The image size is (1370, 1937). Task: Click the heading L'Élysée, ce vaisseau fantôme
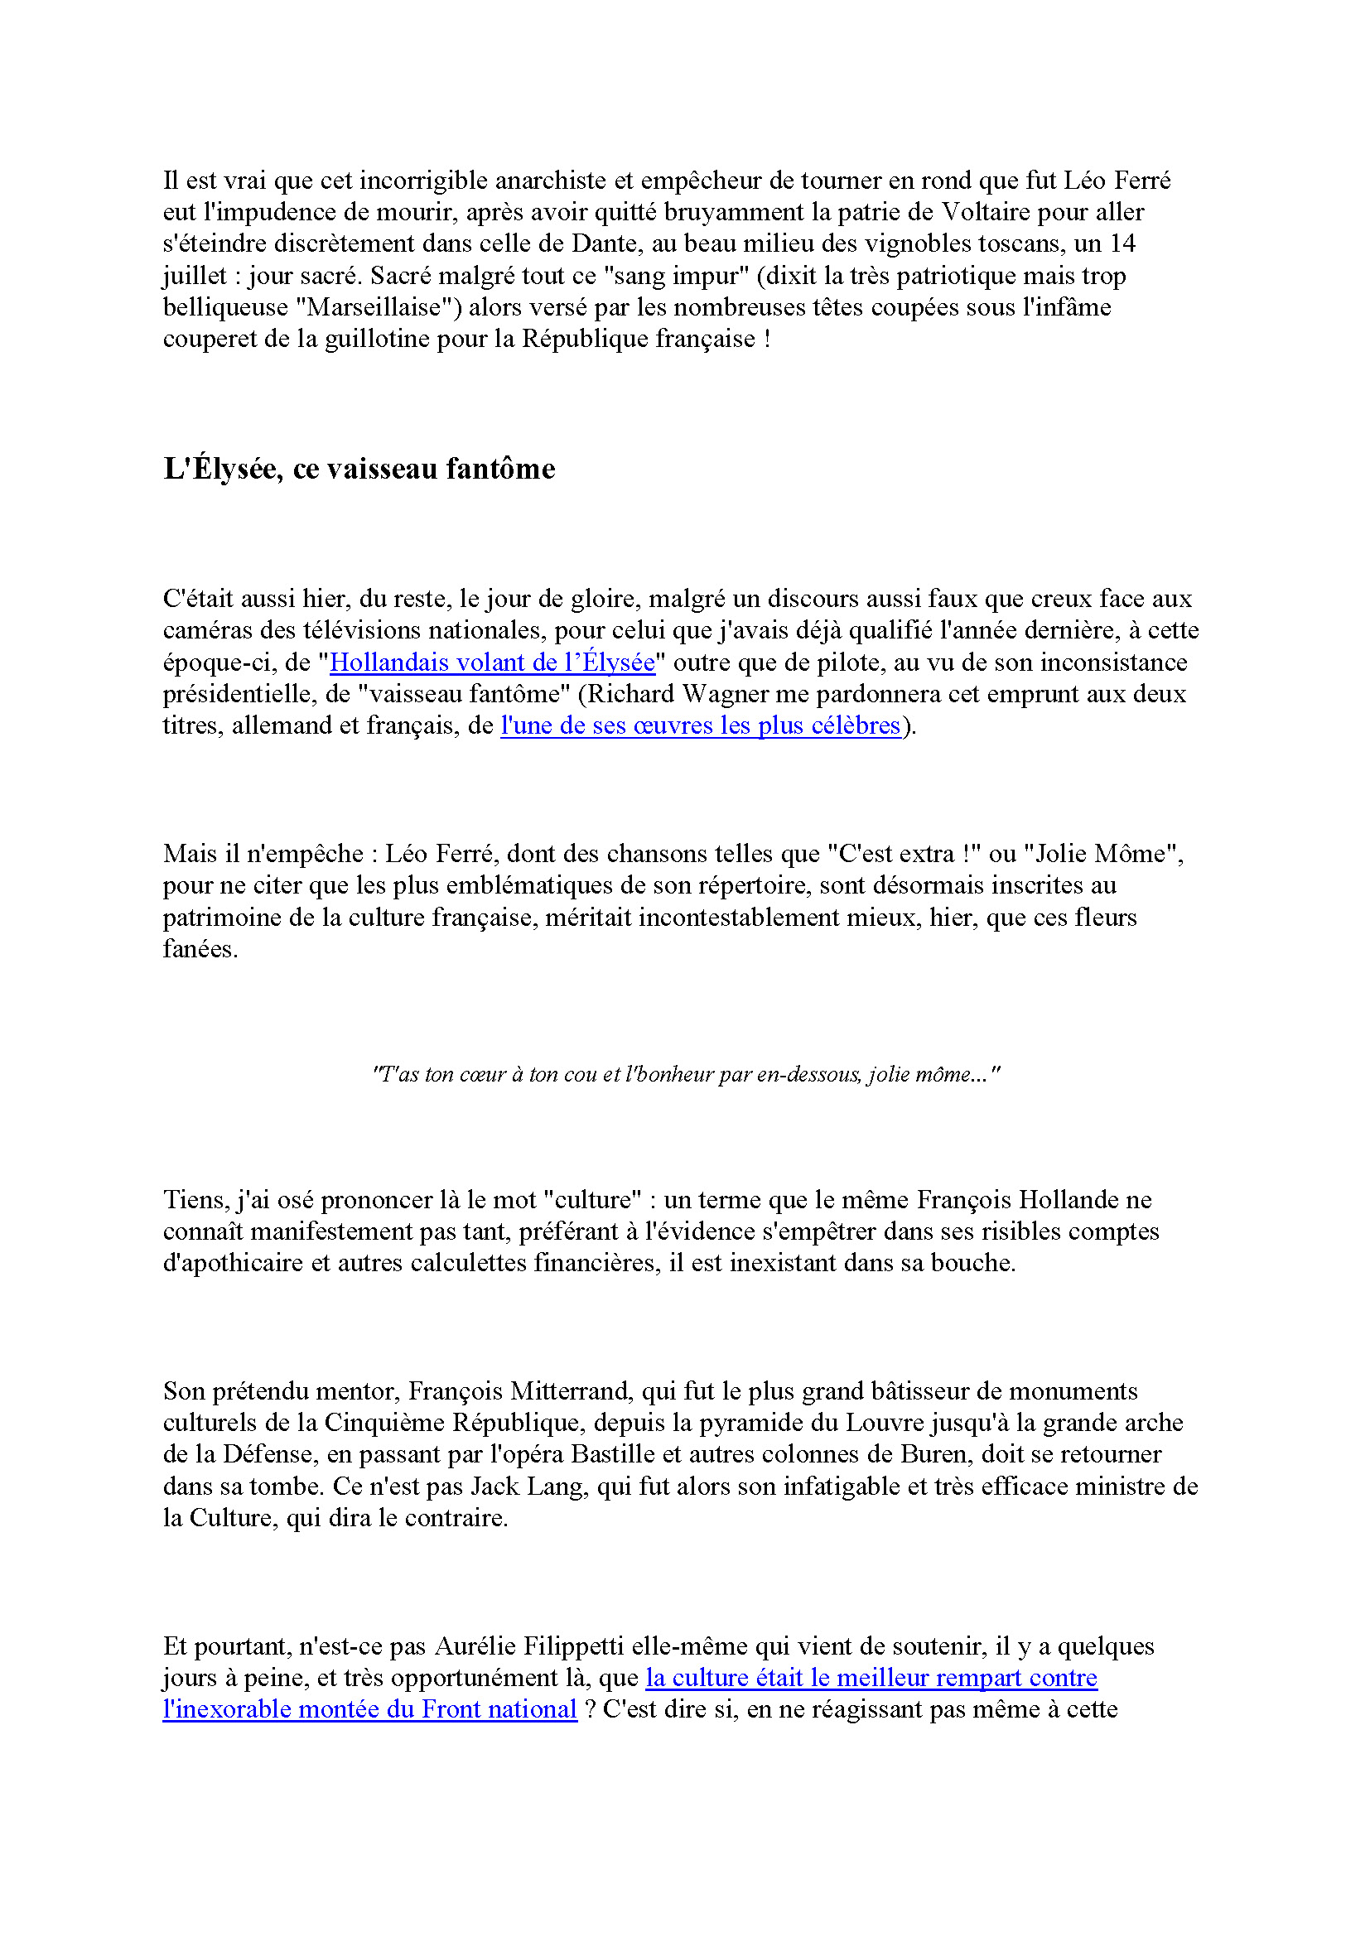[359, 469]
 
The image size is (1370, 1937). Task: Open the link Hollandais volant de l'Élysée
[492, 663]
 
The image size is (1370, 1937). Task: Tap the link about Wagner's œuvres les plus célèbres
[700, 725]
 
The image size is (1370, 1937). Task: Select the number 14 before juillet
[1122, 243]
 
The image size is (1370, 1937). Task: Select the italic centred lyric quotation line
[685, 1074]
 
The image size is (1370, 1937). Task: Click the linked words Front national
[499, 1709]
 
